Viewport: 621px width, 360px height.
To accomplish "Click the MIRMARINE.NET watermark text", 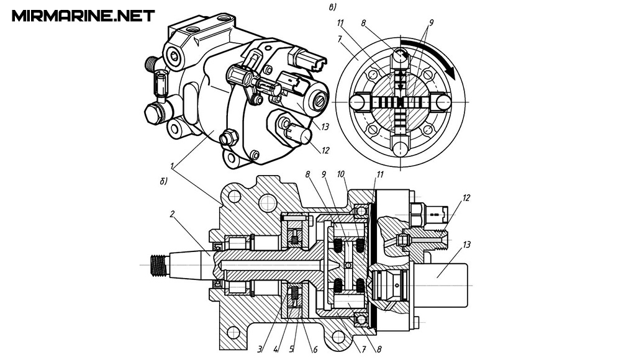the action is pos(83,16).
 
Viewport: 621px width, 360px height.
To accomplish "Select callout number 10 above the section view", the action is pos(341,174).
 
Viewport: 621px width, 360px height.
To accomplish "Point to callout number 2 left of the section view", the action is pos(172,214).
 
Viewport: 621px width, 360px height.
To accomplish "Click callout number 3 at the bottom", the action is pos(260,349).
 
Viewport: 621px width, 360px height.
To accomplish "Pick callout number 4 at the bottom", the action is pos(276,349).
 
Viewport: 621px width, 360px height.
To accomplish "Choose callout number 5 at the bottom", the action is pos(292,349).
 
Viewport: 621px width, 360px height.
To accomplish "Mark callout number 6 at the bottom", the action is pos(315,349).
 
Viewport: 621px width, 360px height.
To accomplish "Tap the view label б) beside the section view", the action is pos(163,181).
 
